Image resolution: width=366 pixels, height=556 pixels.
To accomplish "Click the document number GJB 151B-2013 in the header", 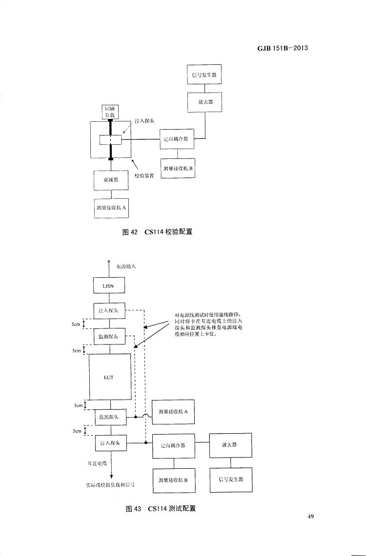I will pyautogui.click(x=282, y=48).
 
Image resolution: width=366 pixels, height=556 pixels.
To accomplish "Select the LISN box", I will pyautogui.click(x=109, y=286).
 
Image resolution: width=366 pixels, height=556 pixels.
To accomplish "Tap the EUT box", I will pyautogui.click(x=109, y=377).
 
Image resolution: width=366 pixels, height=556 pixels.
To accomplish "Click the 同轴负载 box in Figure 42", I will pyautogui.click(x=110, y=112).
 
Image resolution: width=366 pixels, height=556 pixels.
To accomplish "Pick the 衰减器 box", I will pyautogui.click(x=111, y=180).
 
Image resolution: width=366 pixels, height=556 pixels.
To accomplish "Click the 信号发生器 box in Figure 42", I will pyautogui.click(x=204, y=75).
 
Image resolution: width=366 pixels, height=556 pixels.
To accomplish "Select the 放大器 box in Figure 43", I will pyautogui.click(x=230, y=445).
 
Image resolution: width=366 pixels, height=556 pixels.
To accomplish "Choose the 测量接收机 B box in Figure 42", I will pyautogui.click(x=178, y=168).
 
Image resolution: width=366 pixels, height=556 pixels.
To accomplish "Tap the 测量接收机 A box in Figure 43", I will pyautogui.click(x=173, y=411).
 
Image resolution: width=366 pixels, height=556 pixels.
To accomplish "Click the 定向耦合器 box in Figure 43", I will pyautogui.click(x=173, y=445).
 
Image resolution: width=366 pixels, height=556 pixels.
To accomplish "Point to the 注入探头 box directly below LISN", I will pyautogui.click(x=109, y=310).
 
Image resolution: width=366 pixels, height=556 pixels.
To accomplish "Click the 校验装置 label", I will pyautogui.click(x=144, y=175).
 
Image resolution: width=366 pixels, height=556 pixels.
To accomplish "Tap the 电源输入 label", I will pyautogui.click(x=126, y=267).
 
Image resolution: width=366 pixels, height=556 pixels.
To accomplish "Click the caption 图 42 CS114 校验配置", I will pyautogui.click(x=158, y=231).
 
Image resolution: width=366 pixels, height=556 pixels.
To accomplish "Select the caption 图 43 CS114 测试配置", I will pyautogui.click(x=161, y=509).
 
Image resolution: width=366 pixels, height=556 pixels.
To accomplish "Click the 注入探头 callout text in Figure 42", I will pyautogui.click(x=144, y=120).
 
